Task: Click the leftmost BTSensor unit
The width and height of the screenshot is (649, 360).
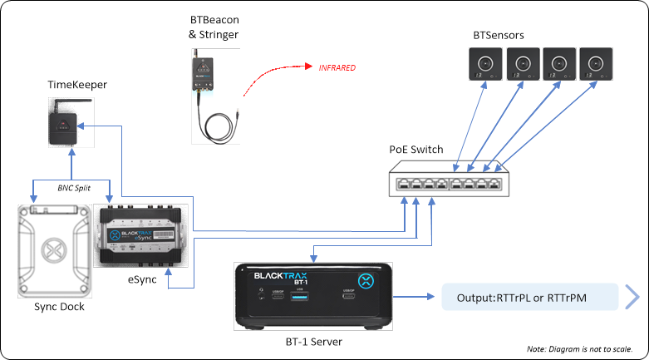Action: tap(484, 64)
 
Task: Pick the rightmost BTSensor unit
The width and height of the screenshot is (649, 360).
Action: tap(596, 64)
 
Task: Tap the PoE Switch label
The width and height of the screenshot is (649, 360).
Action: tap(416, 150)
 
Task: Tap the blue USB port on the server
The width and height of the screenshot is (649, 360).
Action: tap(300, 296)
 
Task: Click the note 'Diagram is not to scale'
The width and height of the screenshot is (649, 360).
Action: tap(580, 348)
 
